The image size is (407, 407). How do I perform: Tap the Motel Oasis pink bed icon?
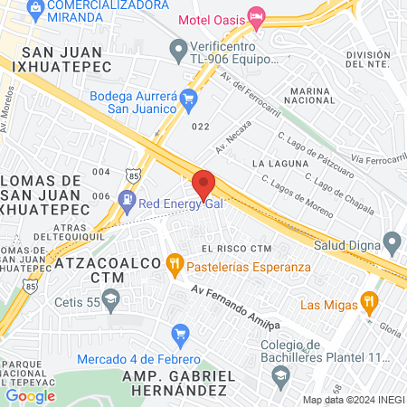point(257,15)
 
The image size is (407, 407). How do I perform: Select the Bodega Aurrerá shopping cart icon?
point(188,98)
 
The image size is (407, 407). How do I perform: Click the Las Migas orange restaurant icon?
point(368,301)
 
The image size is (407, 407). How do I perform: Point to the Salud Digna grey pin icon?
point(392,243)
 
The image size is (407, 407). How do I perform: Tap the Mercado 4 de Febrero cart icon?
point(180,334)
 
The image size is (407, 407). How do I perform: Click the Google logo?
point(31,395)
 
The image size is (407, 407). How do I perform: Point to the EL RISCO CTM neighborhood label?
point(237,248)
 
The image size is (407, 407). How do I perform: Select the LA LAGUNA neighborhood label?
point(275,164)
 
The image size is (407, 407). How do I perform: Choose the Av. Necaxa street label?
point(232,137)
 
